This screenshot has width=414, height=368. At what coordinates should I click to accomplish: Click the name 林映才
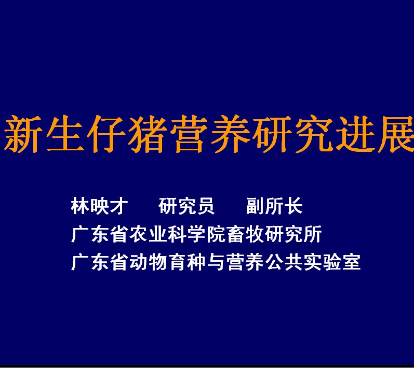point(99,206)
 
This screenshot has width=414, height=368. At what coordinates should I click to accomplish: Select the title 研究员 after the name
point(186,206)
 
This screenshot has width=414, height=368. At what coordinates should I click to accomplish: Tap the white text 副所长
point(274,206)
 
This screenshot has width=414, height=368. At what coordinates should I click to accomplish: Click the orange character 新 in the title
point(23,134)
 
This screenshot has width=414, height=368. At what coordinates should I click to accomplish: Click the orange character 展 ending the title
point(396,134)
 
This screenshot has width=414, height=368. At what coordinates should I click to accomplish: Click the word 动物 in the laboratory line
point(145,262)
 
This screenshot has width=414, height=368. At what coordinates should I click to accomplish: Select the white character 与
point(216,262)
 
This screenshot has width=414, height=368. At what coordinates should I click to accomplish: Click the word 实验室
point(332,262)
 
